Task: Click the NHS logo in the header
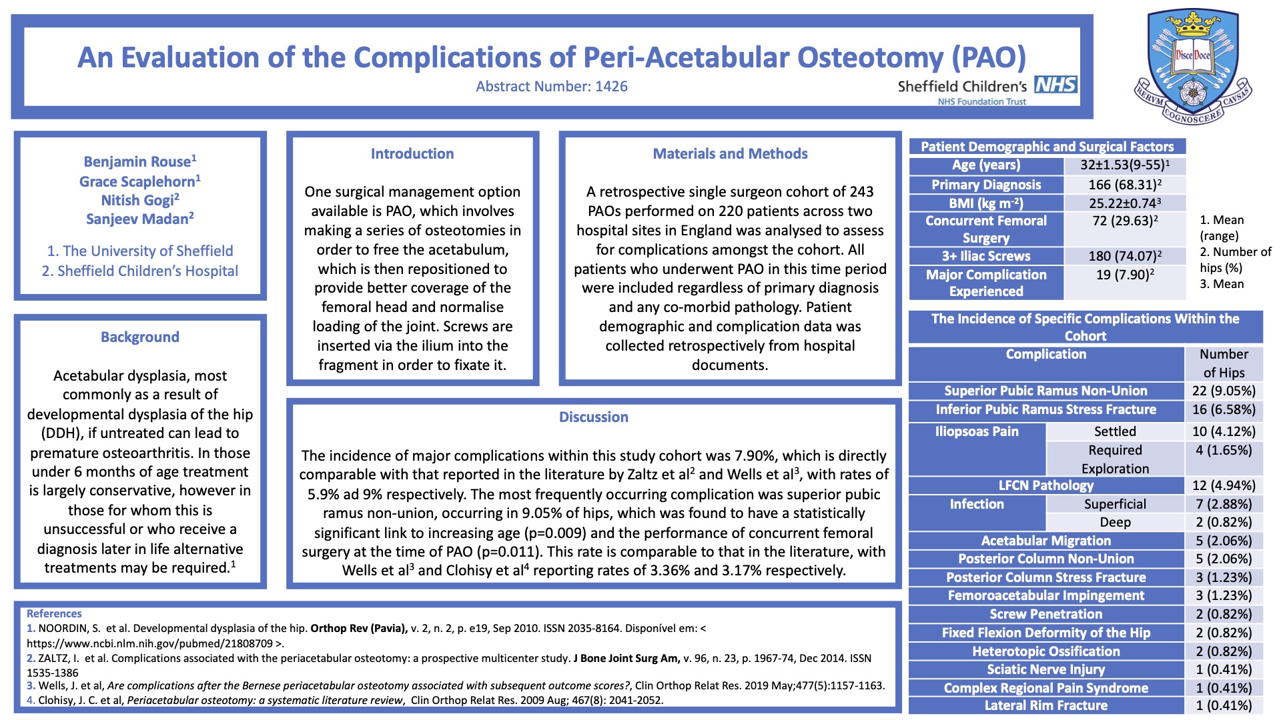[1055, 85]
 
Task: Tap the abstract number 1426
[551, 86]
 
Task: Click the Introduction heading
[412, 153]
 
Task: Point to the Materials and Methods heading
[730, 153]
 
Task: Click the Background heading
[140, 337]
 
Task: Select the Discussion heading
[593, 417]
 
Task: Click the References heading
[54, 613]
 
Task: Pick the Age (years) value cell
[1124, 165]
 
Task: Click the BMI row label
[985, 203]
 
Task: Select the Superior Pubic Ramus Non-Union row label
[1045, 391]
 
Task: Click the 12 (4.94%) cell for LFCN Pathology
[1224, 485]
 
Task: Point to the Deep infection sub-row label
[1115, 522]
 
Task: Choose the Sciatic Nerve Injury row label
[1045, 669]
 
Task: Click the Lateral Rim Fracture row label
[1045, 705]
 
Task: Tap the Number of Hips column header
[1224, 363]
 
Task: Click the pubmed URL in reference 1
[155, 643]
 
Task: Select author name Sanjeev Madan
[139, 219]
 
